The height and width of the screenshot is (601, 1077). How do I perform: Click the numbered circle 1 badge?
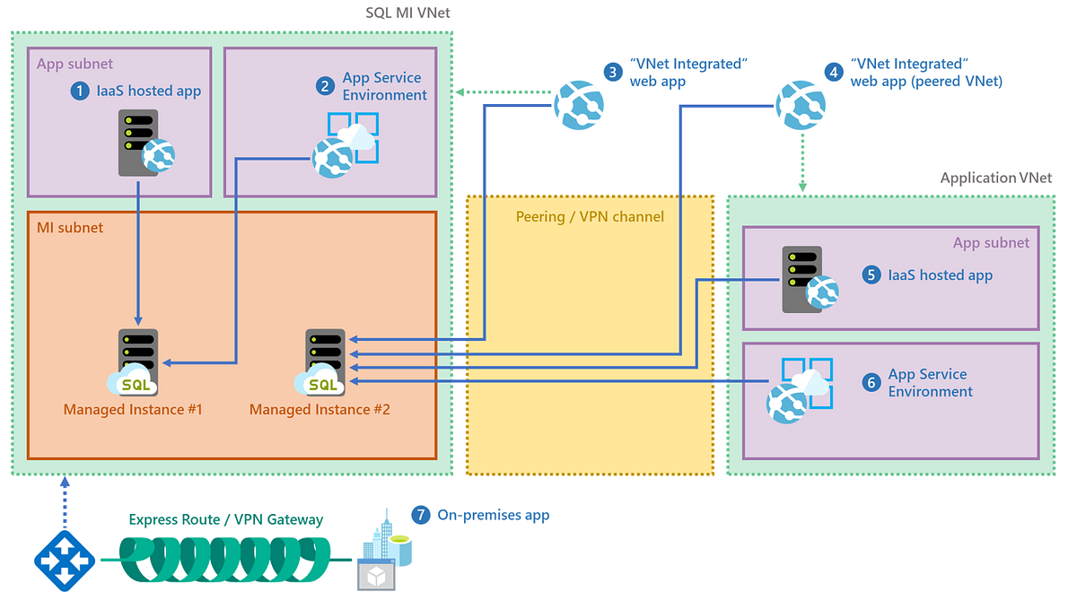click(81, 91)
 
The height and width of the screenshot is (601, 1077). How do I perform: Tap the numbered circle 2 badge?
click(326, 86)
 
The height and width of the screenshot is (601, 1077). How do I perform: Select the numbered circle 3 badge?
click(613, 73)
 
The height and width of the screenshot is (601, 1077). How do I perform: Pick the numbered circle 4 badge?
click(834, 73)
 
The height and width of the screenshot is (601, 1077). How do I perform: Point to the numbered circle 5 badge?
click(871, 274)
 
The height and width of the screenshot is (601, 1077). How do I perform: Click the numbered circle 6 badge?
click(871, 383)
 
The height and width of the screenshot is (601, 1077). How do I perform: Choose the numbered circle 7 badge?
click(421, 515)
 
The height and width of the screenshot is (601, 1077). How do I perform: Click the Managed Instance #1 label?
click(133, 410)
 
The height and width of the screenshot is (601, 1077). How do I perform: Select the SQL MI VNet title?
click(408, 13)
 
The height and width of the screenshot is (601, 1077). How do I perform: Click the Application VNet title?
click(995, 178)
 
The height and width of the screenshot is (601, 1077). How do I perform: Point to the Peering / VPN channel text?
click(590, 216)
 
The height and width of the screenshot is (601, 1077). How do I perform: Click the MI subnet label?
click(70, 228)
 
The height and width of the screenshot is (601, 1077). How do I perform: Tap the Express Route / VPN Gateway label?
click(226, 519)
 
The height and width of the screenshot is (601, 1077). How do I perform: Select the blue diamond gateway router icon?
click(65, 560)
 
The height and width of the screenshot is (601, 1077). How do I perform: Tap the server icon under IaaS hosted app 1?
click(138, 143)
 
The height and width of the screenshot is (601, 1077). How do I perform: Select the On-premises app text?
click(494, 515)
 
